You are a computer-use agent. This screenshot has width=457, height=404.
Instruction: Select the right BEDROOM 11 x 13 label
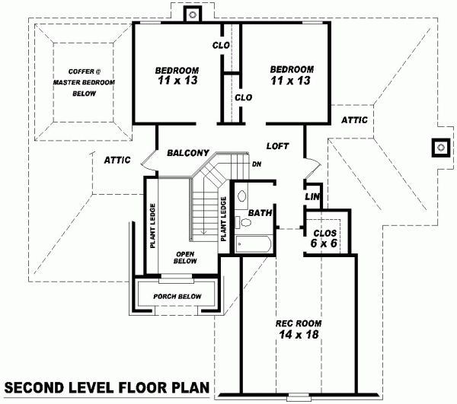tap(288, 75)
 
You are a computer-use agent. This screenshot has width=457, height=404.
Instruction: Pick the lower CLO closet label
tap(243, 97)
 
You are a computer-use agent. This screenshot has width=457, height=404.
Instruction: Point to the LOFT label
tap(277, 145)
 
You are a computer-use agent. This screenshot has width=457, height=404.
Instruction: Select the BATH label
tap(260, 213)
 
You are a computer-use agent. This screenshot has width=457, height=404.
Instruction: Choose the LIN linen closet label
tap(312, 196)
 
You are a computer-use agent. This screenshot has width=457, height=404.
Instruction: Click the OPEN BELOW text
tap(186, 258)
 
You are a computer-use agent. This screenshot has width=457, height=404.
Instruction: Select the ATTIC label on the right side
tap(354, 119)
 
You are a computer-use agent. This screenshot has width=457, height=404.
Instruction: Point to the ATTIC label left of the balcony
tap(117, 160)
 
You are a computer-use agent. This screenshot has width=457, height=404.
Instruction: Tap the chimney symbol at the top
tap(194, 13)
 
